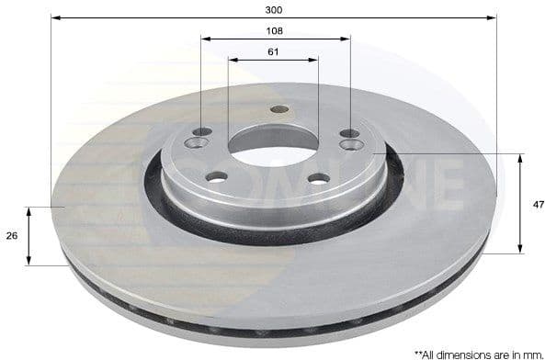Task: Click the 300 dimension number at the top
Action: point(274,9)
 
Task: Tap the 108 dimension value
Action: point(274,30)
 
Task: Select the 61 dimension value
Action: point(274,51)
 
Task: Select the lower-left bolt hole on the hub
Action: point(217,176)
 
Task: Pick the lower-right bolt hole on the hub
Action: point(318,178)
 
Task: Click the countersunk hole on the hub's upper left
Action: point(198,143)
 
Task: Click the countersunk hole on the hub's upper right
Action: point(350,144)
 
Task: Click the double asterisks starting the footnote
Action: point(418,352)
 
